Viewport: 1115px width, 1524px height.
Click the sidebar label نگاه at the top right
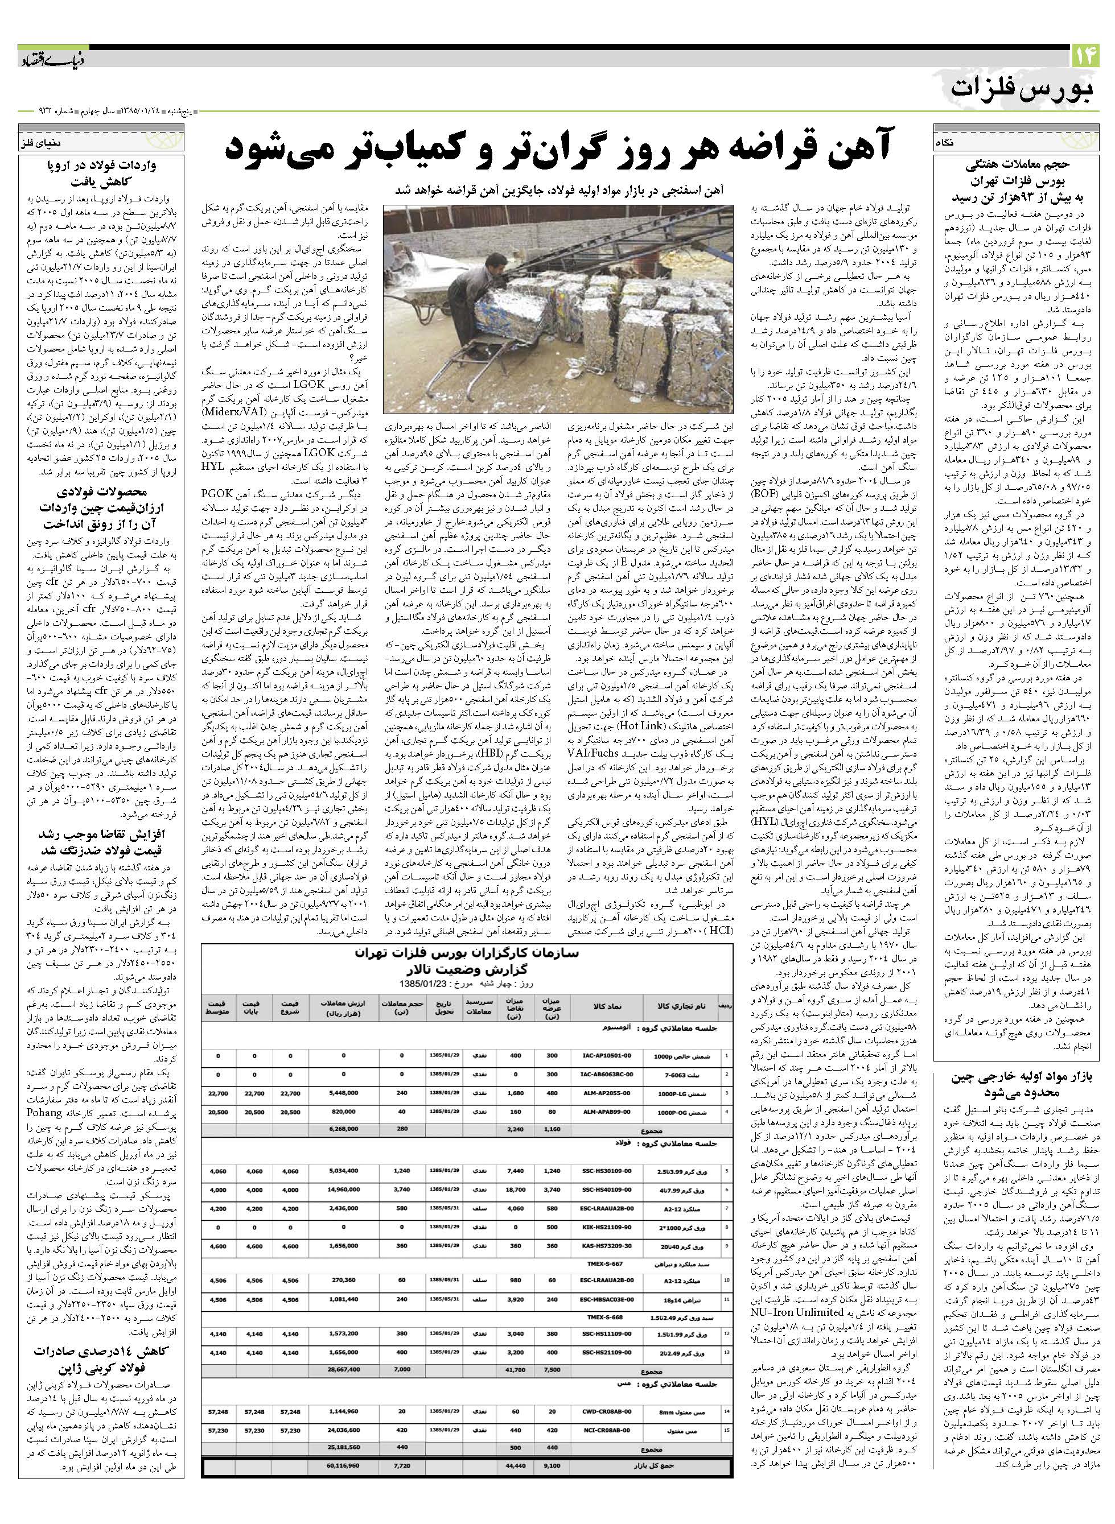click(x=944, y=143)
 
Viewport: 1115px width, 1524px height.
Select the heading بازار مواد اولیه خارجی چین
click(x=1018, y=1077)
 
